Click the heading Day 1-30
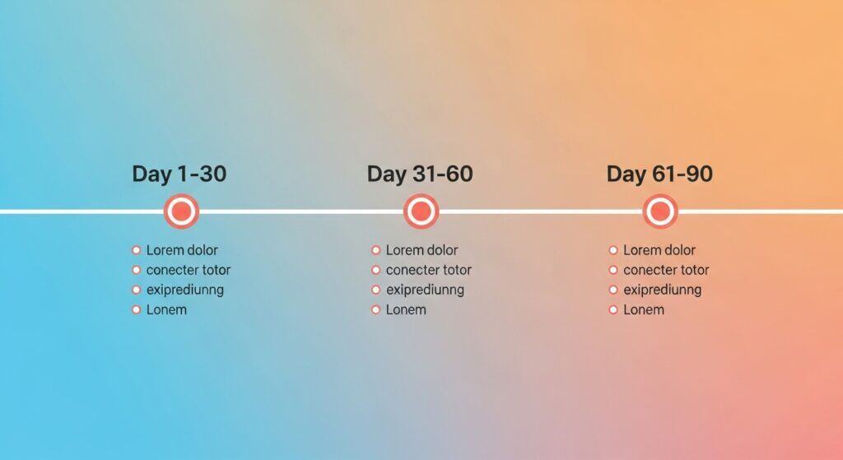pos(179,174)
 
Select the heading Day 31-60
pos(420,174)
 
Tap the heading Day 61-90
pos(659,174)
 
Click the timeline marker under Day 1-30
pos(181,211)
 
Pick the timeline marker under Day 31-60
pos(421,211)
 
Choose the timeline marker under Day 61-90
pos(659,211)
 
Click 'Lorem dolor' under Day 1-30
pos(182,250)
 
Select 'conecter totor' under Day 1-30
pos(189,270)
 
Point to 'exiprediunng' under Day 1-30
pos(185,290)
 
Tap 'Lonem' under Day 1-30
pos(166,310)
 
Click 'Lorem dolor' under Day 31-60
pos(421,250)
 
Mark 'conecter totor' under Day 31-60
pos(428,270)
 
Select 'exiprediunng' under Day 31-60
pos(425,290)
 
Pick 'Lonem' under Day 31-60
pos(406,310)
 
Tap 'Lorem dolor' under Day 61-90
pos(659,250)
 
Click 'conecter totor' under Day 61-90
pos(666,270)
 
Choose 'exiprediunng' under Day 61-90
pos(663,290)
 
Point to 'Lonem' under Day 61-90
pos(644,310)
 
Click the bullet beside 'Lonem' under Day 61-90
pos(613,310)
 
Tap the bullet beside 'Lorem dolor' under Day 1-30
pos(136,250)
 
